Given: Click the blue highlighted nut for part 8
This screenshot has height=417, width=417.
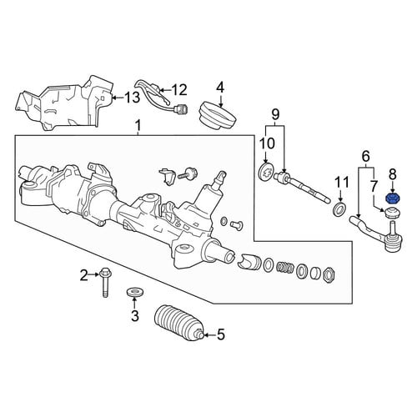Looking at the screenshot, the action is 393,198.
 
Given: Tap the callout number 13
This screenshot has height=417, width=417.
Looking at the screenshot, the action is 132,98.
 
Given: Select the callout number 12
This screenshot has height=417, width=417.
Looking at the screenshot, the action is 178,90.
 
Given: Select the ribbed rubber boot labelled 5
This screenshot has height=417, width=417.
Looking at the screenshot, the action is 178,324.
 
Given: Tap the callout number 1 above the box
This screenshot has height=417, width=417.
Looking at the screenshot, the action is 138,127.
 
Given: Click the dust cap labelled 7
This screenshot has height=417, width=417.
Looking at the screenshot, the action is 391,214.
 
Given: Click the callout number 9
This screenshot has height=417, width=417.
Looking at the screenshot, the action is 274,113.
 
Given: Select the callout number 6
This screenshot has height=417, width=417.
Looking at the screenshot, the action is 366,157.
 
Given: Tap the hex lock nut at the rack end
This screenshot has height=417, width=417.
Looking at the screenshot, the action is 329,275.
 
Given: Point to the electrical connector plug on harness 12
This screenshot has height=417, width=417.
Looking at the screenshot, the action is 181,108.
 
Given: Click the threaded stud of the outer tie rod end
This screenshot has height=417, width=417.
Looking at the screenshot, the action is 393,229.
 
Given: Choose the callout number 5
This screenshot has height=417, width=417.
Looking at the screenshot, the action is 220,334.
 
